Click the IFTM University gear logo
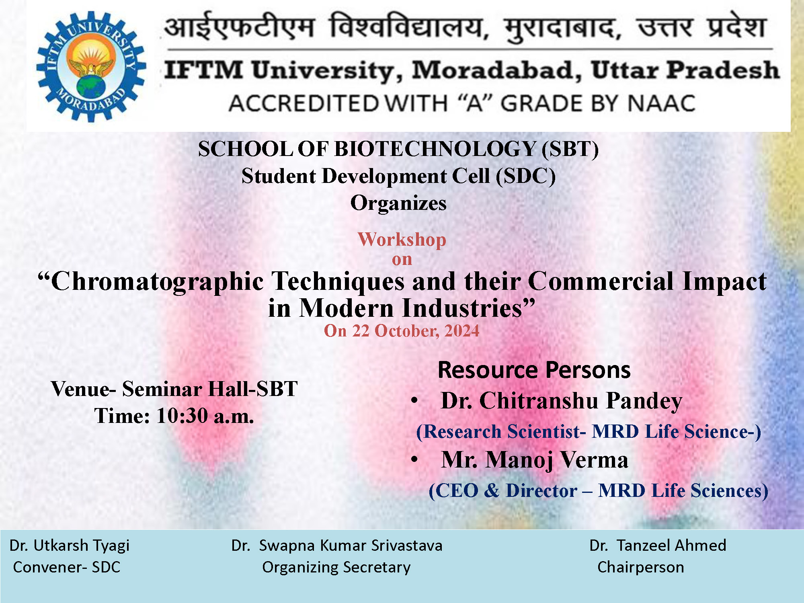[91, 66]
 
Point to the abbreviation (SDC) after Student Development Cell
[526, 176]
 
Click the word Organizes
[398, 203]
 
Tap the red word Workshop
[402, 240]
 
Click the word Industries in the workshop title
[468, 308]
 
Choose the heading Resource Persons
[534, 370]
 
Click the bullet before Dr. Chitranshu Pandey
[415, 401]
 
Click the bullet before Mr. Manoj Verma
[415, 460]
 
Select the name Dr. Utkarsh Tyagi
[69, 546]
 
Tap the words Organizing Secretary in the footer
[336, 567]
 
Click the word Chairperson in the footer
[640, 567]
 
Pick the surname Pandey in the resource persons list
[644, 401]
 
